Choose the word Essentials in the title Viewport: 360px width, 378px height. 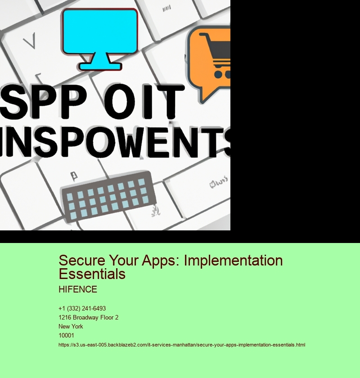(92, 273)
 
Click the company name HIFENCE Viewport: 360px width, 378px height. (78, 289)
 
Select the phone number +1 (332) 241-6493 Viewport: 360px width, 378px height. (82, 308)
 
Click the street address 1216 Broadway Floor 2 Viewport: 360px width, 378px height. (88, 317)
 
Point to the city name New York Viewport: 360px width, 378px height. (71, 326)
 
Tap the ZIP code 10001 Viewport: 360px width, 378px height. (66, 335)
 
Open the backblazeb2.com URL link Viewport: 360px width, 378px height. (182, 345)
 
